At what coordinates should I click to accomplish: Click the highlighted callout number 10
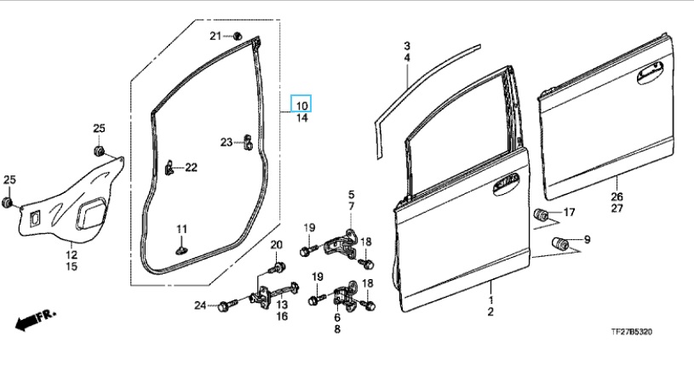click(x=301, y=104)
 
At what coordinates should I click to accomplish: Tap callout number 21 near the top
click(x=215, y=35)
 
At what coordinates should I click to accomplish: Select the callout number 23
click(x=227, y=142)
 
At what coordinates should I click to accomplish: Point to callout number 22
click(x=191, y=168)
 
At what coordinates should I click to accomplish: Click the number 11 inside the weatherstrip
click(x=181, y=230)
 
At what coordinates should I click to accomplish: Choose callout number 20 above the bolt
click(x=276, y=246)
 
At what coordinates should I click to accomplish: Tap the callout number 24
click(x=199, y=305)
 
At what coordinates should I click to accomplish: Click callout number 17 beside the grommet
click(x=570, y=212)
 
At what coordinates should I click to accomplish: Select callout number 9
click(x=584, y=240)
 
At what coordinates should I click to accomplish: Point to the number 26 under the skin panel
click(x=617, y=197)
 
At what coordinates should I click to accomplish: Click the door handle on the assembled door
click(x=506, y=181)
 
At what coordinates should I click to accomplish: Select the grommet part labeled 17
click(x=540, y=213)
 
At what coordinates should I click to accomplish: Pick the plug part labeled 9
click(x=559, y=242)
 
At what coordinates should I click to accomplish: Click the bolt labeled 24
click(x=226, y=305)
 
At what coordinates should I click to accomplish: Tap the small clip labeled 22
click(x=169, y=168)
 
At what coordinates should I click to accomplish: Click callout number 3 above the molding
click(x=407, y=45)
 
